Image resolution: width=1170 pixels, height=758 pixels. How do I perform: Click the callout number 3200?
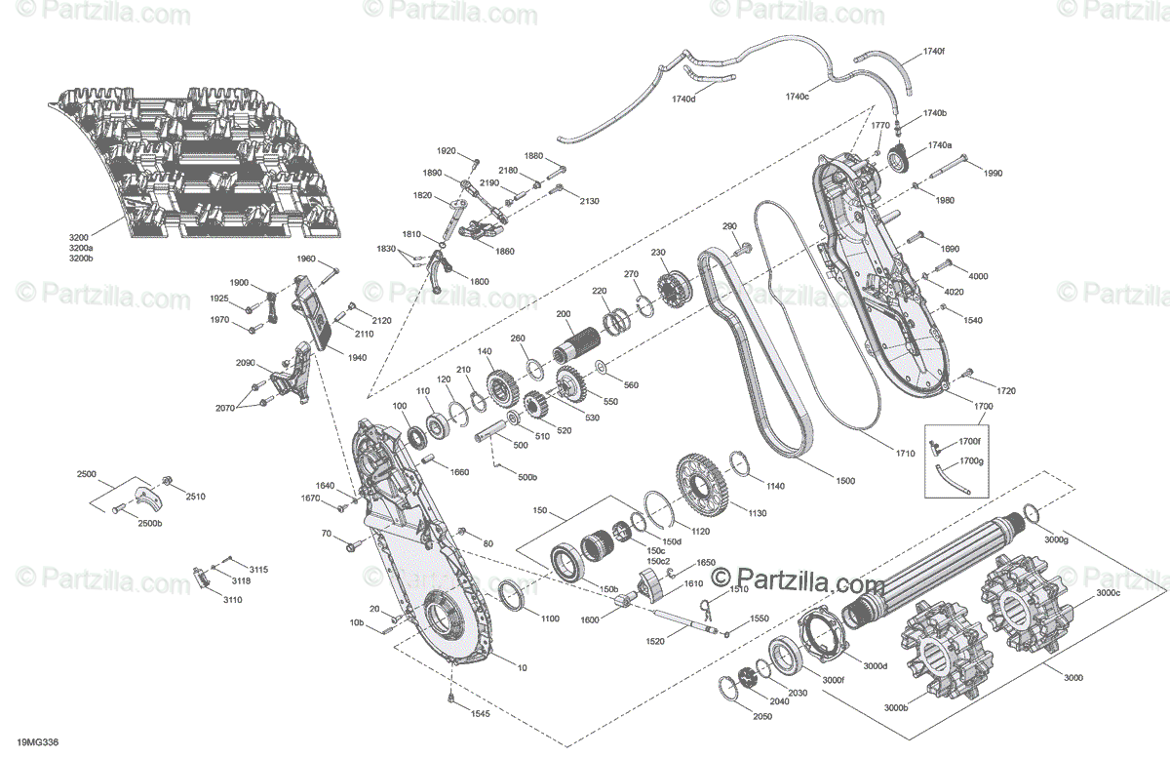click(x=79, y=237)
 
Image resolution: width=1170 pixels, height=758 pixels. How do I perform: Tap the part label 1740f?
click(x=933, y=52)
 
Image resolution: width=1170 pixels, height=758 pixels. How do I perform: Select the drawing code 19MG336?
click(x=38, y=742)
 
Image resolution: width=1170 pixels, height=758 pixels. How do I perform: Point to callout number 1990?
click(x=993, y=173)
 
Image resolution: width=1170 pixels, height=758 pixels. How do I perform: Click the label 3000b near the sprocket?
click(x=896, y=707)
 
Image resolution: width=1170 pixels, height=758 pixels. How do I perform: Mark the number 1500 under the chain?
click(x=845, y=480)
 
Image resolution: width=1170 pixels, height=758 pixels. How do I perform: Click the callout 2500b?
click(x=149, y=523)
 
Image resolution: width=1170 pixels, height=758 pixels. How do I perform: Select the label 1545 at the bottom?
click(x=480, y=713)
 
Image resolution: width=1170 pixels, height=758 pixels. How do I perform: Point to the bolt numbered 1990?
click(x=947, y=166)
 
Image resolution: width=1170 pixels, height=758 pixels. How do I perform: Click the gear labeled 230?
click(x=674, y=289)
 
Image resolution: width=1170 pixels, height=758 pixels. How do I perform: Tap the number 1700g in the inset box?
click(x=971, y=461)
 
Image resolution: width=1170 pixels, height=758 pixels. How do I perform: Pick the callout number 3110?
click(x=232, y=600)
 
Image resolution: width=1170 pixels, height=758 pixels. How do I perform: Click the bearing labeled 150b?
click(x=567, y=563)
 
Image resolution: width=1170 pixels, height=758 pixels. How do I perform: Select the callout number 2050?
click(x=762, y=716)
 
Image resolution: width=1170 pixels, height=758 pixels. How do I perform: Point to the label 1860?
click(x=505, y=251)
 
